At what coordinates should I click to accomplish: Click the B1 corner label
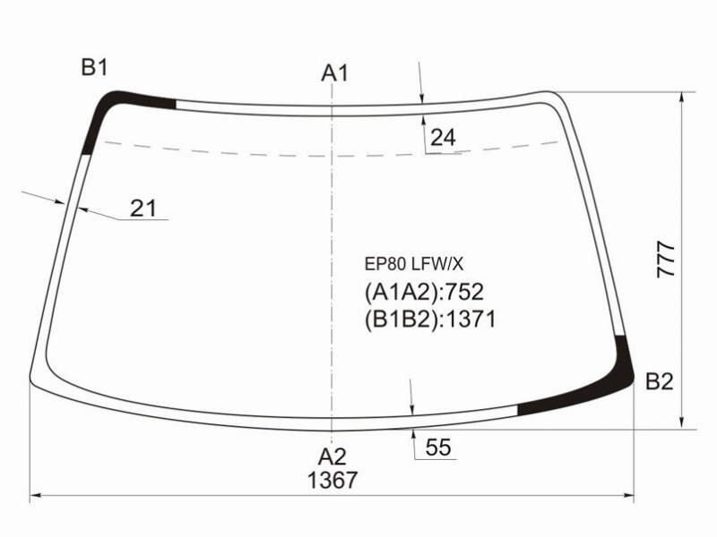coord(94,68)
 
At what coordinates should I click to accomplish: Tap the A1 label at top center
coord(334,73)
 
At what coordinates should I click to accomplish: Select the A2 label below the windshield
coord(332,456)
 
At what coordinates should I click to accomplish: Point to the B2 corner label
coord(660,381)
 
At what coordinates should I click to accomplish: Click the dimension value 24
coord(443,138)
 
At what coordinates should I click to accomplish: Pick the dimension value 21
coord(143,209)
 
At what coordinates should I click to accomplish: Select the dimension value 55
coord(438,447)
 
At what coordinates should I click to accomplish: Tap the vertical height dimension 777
coord(666,260)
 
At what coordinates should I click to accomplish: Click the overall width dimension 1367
coord(332,481)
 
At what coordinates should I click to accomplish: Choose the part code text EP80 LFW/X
coord(413,264)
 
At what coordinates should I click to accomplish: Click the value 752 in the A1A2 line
coord(464,292)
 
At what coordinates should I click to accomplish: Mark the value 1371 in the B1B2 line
coord(471,320)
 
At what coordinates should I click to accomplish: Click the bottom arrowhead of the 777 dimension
coord(682,422)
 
